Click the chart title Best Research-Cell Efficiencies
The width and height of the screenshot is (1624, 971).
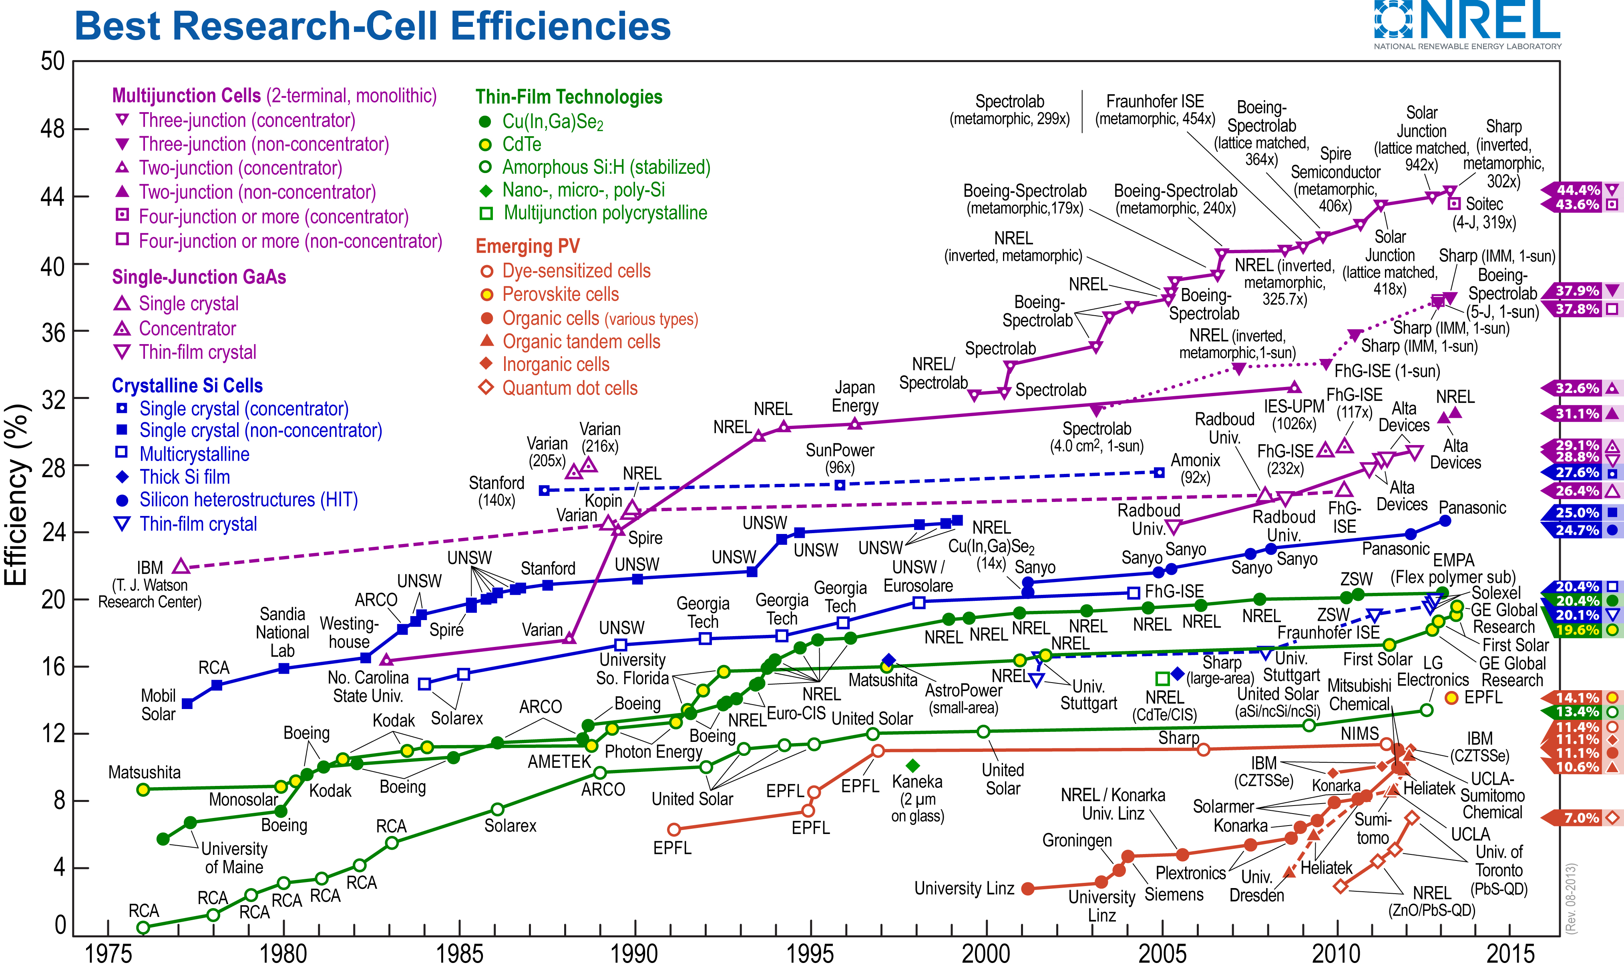click(373, 26)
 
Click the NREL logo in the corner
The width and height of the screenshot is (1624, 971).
click(1467, 25)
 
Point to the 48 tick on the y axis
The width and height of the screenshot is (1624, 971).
click(53, 129)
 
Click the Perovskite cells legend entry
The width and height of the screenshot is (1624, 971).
click(560, 294)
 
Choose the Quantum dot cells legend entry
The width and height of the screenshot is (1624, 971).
click(569, 388)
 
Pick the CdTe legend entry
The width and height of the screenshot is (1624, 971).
click(521, 144)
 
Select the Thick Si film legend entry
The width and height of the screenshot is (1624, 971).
click(185, 477)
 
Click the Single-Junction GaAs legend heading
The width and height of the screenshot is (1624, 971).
click(199, 277)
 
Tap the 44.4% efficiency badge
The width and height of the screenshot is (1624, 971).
click(1578, 190)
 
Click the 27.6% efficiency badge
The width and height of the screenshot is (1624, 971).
click(1578, 472)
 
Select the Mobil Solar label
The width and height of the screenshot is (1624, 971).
click(158, 705)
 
